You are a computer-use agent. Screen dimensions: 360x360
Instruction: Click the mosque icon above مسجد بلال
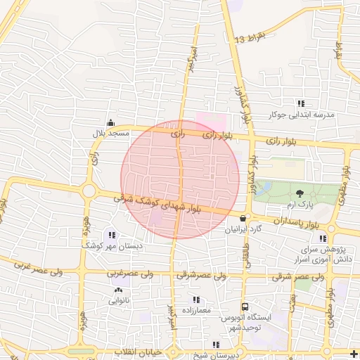point(110,122)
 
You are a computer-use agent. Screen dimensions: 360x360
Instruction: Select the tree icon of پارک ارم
point(300,193)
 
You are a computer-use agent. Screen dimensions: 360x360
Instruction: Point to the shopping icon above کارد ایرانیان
point(243,218)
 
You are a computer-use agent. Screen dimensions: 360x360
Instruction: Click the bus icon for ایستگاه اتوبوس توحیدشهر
point(245,307)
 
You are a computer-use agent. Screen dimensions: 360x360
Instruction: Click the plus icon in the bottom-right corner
point(353,352)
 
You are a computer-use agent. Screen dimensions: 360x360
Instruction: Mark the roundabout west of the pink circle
point(89,190)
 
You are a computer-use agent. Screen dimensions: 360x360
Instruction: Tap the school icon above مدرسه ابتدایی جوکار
point(302,103)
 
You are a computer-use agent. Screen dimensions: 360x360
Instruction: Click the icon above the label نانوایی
point(117,289)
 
